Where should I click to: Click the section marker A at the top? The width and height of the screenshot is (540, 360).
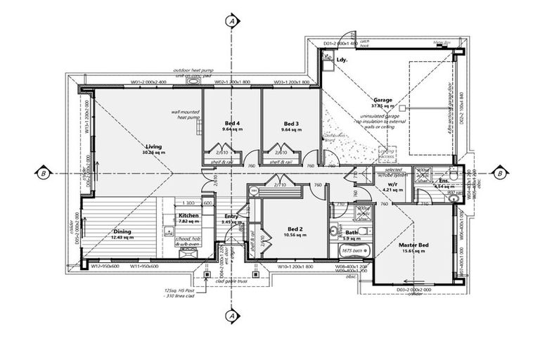click(x=231, y=21)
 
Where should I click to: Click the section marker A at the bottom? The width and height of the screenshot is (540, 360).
click(x=231, y=317)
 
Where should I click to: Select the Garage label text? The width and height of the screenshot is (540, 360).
click(x=382, y=101)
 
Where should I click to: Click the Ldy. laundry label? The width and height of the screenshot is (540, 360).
click(x=343, y=60)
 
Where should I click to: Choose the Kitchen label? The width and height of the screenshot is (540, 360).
click(x=188, y=215)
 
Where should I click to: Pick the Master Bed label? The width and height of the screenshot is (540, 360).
click(x=413, y=245)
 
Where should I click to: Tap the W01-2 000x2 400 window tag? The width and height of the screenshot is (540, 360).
click(x=148, y=82)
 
